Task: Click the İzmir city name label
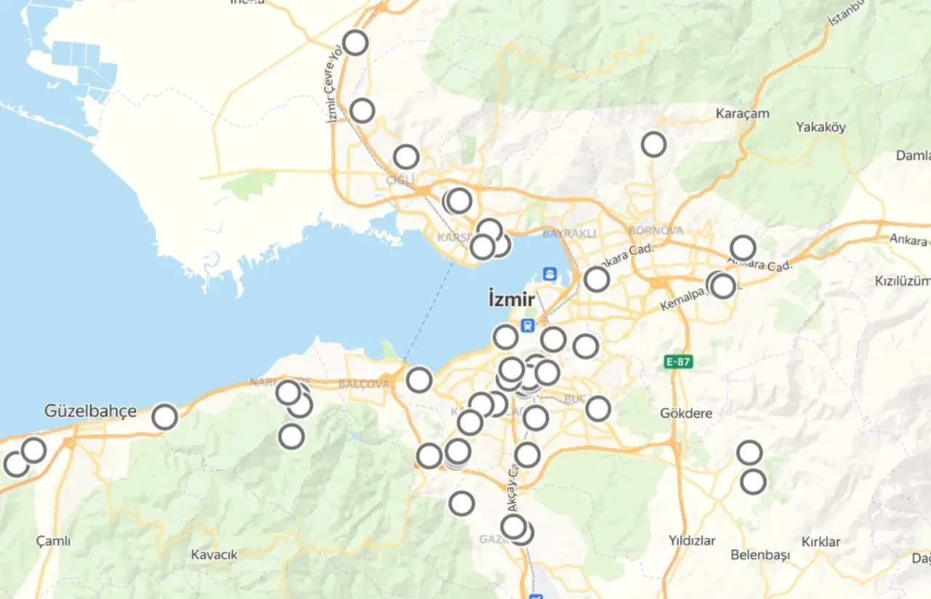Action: (512, 299)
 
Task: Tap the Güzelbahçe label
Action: (90, 411)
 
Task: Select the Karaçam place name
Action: (743, 114)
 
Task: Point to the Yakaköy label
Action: (821, 127)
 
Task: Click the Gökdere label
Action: (686, 414)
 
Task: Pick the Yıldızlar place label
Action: (692, 541)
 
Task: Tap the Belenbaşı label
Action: (760, 555)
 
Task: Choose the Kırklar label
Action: (820, 542)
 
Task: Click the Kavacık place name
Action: (214, 555)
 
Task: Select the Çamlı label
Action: (53, 541)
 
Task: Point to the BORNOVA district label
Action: (656, 230)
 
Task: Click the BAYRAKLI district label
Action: (569, 233)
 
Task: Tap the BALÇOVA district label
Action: (364, 384)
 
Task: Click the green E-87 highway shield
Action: (679, 361)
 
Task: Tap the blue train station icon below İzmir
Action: (527, 326)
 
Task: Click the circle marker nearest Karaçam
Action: (654, 145)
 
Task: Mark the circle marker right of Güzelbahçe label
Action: (165, 417)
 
